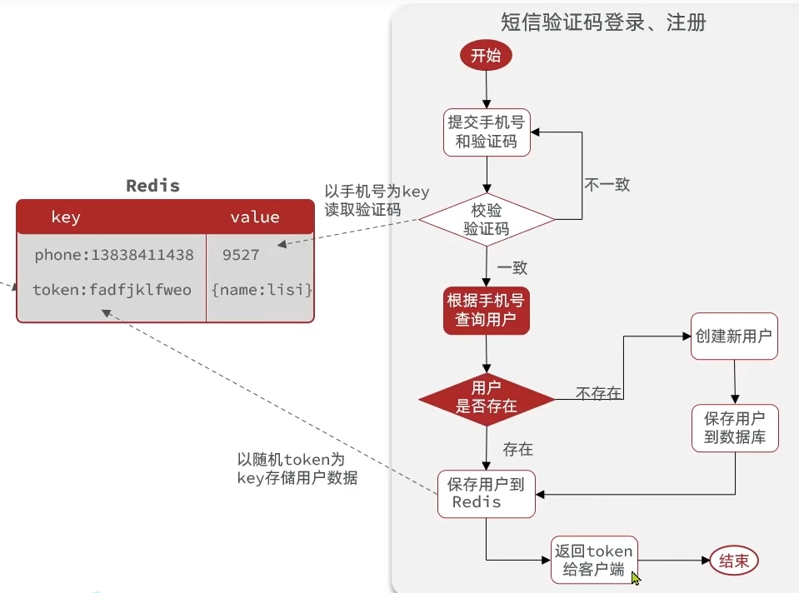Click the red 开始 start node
point(486,56)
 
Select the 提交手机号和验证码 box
point(487,132)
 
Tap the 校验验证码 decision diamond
point(487,219)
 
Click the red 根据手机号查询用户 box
point(487,310)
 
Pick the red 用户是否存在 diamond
point(487,397)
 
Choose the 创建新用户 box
point(734,337)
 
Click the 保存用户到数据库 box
point(735,427)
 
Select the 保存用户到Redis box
point(486,493)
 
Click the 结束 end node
point(734,561)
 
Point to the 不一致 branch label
point(607,185)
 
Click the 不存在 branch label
point(598,393)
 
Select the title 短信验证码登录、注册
point(603,22)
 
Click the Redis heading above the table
point(152,186)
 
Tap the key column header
point(66,217)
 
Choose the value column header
point(255,217)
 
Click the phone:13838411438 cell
point(114,255)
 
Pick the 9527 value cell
point(241,255)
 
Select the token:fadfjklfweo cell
point(112,290)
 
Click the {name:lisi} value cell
point(262,290)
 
